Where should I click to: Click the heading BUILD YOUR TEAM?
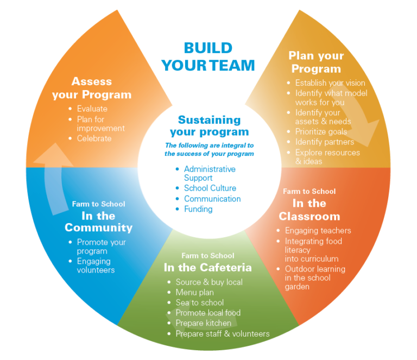[208, 56]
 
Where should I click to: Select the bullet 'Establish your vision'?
[330, 83]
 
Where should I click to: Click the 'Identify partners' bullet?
[324, 142]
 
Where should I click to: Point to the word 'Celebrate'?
[94, 138]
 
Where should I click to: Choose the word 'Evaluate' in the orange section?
[92, 109]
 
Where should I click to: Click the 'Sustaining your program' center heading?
[209, 126]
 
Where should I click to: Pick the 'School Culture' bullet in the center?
[210, 188]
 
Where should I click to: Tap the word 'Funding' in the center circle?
[198, 209]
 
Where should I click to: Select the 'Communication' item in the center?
[212, 199]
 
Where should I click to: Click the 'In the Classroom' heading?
[309, 210]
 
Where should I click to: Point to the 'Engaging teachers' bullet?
[318, 231]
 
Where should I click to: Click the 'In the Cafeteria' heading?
[208, 268]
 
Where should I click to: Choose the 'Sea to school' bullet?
[199, 302]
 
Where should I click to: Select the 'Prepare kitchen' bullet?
[203, 323]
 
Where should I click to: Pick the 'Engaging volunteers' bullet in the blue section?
[96, 266]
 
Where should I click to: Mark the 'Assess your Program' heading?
[92, 88]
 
